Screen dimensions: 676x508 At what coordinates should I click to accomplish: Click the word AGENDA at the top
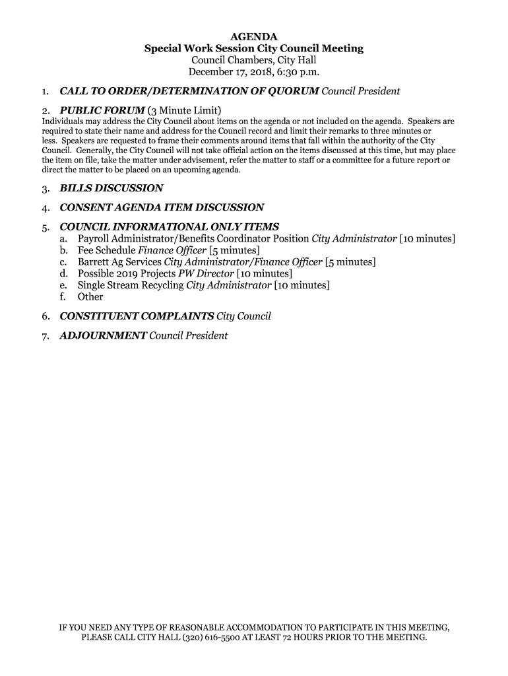tap(254, 36)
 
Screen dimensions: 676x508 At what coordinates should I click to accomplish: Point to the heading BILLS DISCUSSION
tap(111, 188)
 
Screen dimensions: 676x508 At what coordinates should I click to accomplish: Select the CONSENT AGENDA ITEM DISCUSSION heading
tap(162, 207)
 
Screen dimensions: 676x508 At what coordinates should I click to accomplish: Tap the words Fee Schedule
tap(106, 250)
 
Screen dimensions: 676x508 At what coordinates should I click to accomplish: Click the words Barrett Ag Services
tap(119, 262)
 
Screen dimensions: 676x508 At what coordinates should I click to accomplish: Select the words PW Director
tap(206, 273)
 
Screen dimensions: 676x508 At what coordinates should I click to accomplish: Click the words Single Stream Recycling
tap(131, 285)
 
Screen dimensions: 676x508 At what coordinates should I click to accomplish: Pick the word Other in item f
tap(90, 297)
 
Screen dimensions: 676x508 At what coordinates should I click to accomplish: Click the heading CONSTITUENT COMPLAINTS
tap(137, 316)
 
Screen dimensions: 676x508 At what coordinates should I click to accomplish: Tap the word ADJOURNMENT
tap(103, 335)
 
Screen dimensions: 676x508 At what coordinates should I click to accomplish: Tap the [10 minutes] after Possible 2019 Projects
tap(265, 273)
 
